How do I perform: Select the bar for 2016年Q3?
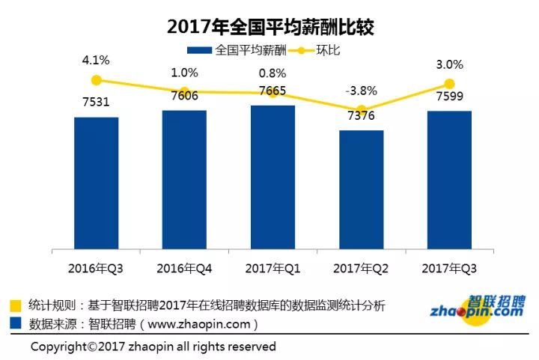coord(96,183)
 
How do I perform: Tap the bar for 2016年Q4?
coord(184,180)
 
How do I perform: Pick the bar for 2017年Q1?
coord(272,177)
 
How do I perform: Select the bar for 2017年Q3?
coord(449,180)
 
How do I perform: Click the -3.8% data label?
coord(361,91)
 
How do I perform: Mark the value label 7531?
coord(96,102)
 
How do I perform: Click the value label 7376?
coord(360,116)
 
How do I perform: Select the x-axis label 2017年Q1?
coord(272,267)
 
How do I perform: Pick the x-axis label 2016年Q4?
coord(184,267)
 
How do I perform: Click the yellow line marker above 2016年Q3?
coord(96,80)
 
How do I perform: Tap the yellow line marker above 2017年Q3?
coord(449,84)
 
